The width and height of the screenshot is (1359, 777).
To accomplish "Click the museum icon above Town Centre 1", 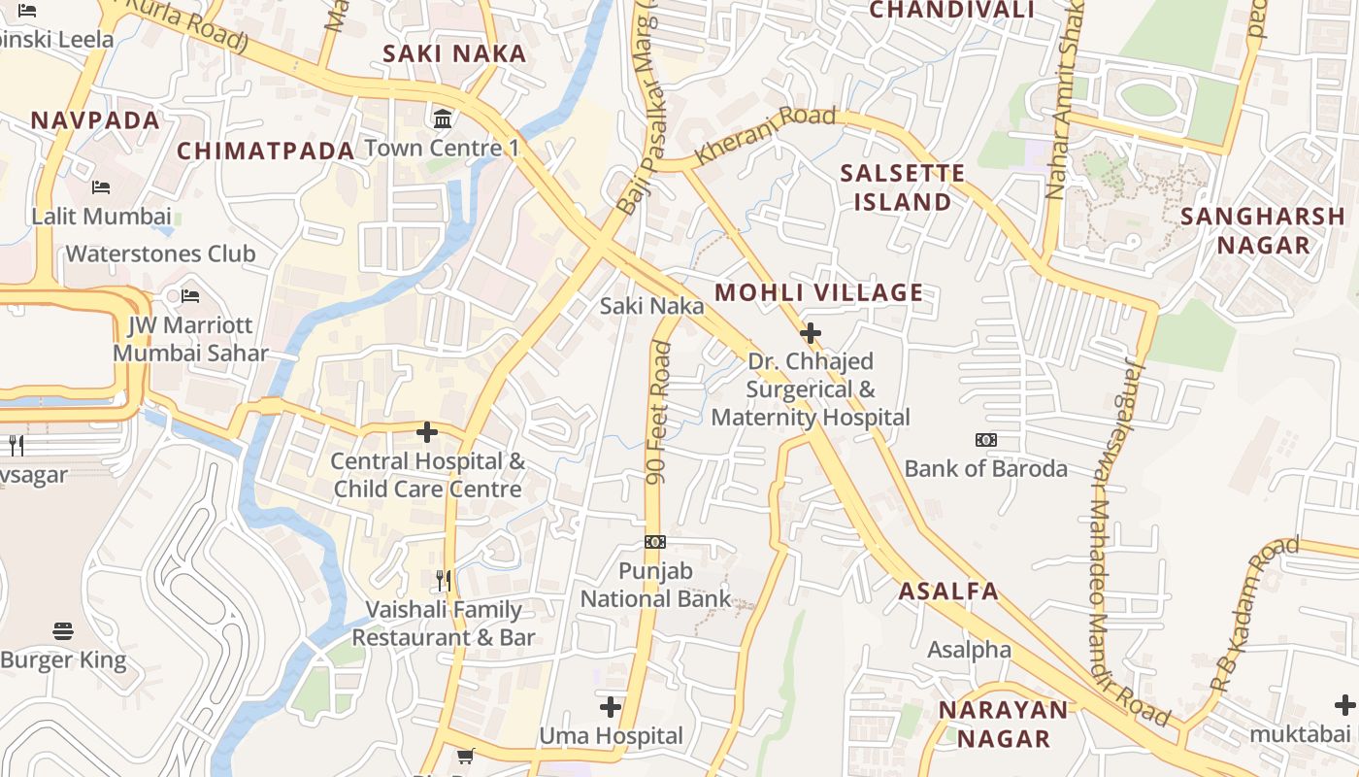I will [x=444, y=119].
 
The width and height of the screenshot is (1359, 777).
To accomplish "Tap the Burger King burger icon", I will [x=63, y=631].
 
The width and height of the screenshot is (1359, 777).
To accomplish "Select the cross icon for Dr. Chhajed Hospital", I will [x=810, y=334].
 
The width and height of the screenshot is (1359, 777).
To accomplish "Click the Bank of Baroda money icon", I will [x=986, y=440].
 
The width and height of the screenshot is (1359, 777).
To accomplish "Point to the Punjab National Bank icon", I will [x=655, y=542].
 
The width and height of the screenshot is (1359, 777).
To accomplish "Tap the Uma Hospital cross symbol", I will [x=611, y=706].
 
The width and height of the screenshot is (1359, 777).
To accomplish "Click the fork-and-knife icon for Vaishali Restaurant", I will [x=444, y=581].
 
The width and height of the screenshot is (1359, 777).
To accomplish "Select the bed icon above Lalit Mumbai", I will [x=101, y=186].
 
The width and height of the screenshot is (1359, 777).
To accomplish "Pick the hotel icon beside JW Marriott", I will [x=190, y=295].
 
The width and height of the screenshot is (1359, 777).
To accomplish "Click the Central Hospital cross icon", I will [x=427, y=432].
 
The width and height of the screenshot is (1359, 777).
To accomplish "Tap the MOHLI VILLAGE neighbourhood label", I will [x=819, y=292].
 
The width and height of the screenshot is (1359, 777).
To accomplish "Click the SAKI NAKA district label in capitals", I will [x=454, y=53].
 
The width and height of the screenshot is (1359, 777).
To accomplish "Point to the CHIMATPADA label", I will [x=266, y=151].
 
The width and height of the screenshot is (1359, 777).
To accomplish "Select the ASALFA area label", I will [x=948, y=591].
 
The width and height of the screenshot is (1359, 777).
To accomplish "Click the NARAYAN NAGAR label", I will [x=1004, y=724].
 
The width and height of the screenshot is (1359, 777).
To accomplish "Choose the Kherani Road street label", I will [x=766, y=136].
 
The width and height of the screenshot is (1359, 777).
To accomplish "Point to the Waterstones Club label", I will [x=161, y=253].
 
